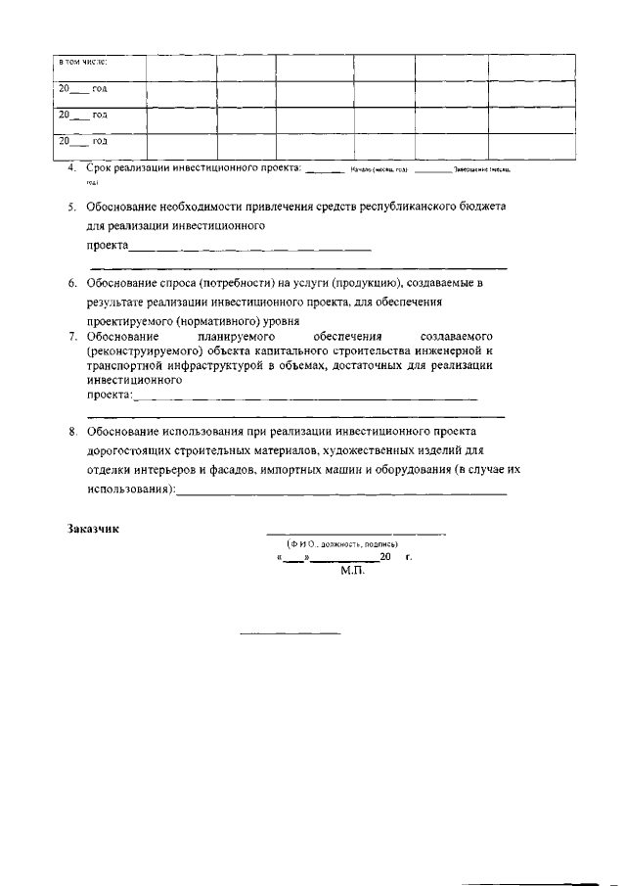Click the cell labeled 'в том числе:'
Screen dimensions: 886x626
pyautogui.click(x=83, y=63)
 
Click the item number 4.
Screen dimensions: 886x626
pyautogui.click(x=72, y=168)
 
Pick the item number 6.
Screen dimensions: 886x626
pyautogui.click(x=72, y=283)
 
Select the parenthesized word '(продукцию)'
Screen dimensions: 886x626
pyautogui.click(x=354, y=283)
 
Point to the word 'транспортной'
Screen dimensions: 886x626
pyautogui.click(x=121, y=364)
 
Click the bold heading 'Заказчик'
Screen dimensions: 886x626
pyautogui.click(x=93, y=529)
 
